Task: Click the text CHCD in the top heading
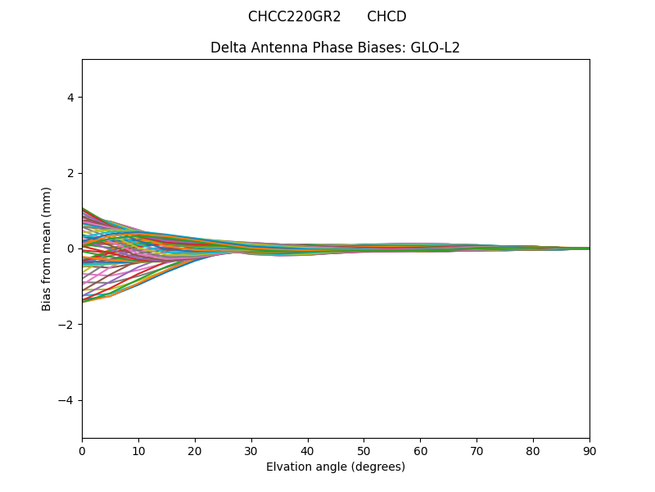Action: (x=386, y=16)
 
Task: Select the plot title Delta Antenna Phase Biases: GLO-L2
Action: (x=335, y=48)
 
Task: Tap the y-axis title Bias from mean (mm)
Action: (x=47, y=248)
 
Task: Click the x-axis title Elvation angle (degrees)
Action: (x=335, y=467)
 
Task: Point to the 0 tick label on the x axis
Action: (x=82, y=450)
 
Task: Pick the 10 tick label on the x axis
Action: (x=138, y=450)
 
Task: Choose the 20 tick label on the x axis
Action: (x=195, y=450)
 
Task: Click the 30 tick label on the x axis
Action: (x=251, y=450)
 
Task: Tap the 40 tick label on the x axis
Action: (x=308, y=450)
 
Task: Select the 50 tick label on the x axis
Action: (x=364, y=450)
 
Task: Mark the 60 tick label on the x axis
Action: (x=420, y=450)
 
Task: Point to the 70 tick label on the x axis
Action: (x=477, y=450)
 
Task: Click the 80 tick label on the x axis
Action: (x=533, y=450)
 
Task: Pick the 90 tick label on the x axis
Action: (x=589, y=450)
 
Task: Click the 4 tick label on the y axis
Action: (x=70, y=98)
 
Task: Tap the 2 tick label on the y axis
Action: (x=70, y=173)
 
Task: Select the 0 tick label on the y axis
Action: (x=70, y=248)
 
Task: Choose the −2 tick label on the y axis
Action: (x=67, y=324)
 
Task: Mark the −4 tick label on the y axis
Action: (x=67, y=400)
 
